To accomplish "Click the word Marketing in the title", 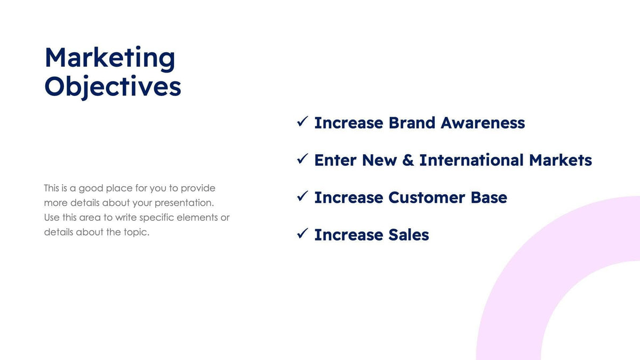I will point(110,59).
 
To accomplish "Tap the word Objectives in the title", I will point(113,86).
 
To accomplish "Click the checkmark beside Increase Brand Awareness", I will point(303,122).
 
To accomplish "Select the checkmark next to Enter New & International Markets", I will point(303,159).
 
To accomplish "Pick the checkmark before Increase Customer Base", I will point(303,197).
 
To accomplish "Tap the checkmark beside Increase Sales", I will point(303,234).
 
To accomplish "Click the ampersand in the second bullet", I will point(408,160).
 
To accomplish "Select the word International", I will point(471,160).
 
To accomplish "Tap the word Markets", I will point(561,160).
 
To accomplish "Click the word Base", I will point(489,197).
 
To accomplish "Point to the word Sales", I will point(409,235).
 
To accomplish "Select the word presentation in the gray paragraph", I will point(183,203).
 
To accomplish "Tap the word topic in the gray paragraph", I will point(137,233).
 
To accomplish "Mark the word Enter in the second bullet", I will point(335,160).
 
